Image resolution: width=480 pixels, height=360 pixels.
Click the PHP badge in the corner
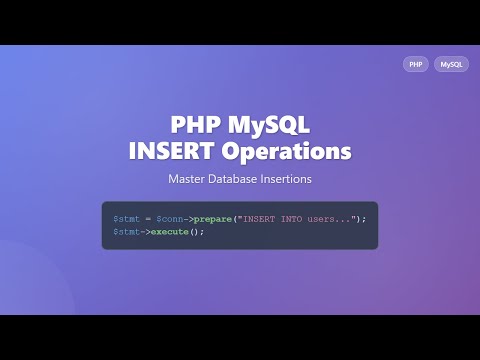(x=415, y=64)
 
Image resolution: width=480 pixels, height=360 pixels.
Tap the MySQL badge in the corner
(x=451, y=64)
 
